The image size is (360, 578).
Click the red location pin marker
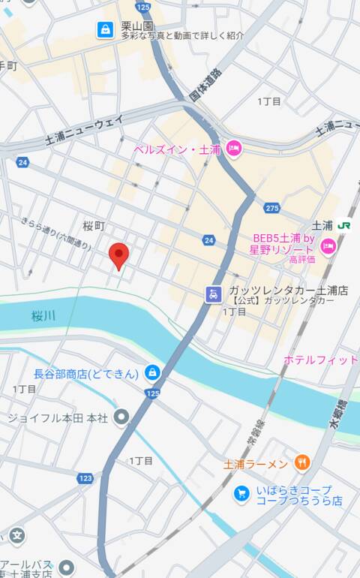(x=119, y=255)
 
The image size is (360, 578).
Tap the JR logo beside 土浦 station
(x=344, y=225)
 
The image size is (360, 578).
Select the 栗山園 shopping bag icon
(x=105, y=29)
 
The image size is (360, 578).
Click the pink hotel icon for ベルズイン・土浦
(x=232, y=148)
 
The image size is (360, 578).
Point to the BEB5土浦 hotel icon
(x=328, y=245)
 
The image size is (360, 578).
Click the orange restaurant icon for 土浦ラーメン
(x=301, y=463)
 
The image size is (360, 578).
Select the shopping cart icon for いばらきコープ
(x=241, y=493)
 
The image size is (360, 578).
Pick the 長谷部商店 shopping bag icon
(x=152, y=372)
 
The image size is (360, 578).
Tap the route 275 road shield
(x=271, y=208)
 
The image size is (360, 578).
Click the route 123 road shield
(x=85, y=477)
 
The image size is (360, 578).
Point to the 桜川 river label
(x=44, y=317)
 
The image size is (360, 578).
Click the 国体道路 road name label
(x=206, y=85)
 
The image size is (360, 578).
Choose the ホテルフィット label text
(x=320, y=360)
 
